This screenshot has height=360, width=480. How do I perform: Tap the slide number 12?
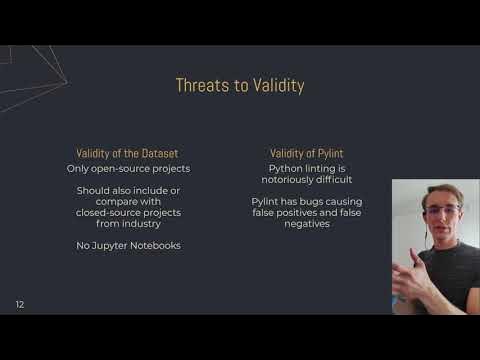19,303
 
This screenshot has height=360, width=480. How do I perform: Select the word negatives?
301,224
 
